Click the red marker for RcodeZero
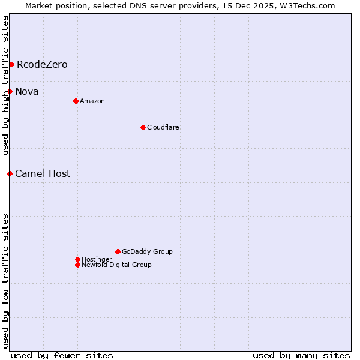[x=11, y=64]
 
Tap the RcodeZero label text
[x=42, y=64]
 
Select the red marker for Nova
[x=10, y=91]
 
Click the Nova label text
[x=27, y=91]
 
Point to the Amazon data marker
[x=76, y=101]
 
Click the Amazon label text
[x=92, y=101]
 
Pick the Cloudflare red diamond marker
[x=143, y=127]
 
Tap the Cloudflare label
[x=163, y=127]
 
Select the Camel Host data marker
[x=10, y=173]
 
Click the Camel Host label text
[x=43, y=173]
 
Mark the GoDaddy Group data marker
[x=118, y=251]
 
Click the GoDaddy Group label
[x=147, y=251]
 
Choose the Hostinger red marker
[x=77, y=259]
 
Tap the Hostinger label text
[x=97, y=259]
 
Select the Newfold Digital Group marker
[x=77, y=265]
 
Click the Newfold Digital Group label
[x=116, y=265]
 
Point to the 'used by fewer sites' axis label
[x=62, y=355]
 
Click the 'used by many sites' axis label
[x=301, y=355]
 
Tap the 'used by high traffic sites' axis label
[x=5, y=85]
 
